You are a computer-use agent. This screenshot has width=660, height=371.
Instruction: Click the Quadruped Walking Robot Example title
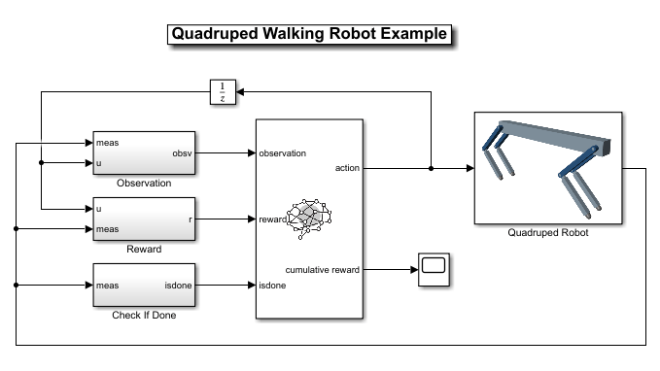point(309,34)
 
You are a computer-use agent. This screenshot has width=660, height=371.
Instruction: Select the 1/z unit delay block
point(223,92)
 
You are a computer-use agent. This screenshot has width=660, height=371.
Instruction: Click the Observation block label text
point(143,183)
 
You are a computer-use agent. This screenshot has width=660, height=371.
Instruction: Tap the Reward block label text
point(143,249)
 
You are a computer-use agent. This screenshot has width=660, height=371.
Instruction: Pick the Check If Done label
point(143,315)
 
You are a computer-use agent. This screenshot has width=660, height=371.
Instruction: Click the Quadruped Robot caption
point(548,232)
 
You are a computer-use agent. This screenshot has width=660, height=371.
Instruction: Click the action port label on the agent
point(347,168)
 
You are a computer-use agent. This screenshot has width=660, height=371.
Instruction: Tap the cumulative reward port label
point(322,269)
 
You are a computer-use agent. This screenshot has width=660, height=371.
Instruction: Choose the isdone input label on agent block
point(272,286)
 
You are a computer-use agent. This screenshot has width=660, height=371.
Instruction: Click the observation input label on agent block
point(282,153)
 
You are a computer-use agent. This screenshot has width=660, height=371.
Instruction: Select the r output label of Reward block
point(189,219)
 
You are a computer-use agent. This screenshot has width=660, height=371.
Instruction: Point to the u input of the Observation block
point(99,163)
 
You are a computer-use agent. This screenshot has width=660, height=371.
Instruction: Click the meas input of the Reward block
point(108,229)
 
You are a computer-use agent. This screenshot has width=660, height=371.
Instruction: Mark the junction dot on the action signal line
point(432,168)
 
